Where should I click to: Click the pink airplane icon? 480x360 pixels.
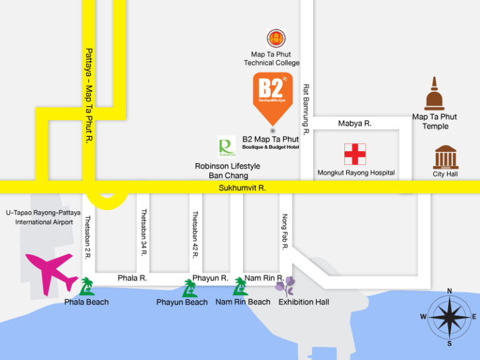[x=51, y=271]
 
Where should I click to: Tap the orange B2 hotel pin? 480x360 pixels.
[x=272, y=96]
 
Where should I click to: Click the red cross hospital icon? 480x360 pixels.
[x=355, y=154]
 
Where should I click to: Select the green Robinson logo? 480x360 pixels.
[x=226, y=147]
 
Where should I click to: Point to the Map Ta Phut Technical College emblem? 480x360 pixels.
[x=276, y=39]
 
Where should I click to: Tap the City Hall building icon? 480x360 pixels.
[x=446, y=157]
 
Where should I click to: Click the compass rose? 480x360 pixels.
[x=449, y=316]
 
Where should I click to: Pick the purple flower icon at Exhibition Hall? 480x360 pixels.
[x=286, y=287]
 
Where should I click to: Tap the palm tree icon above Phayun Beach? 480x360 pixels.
[x=189, y=287]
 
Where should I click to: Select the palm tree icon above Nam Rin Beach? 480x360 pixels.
[x=240, y=286]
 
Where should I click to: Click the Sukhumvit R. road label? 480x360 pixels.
[x=242, y=187]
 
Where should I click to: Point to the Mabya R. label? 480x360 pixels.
[x=354, y=124]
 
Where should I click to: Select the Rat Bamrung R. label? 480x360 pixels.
[x=306, y=110]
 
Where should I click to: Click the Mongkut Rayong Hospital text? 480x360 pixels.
[x=356, y=172]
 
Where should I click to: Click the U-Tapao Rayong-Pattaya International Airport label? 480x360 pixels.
[x=39, y=217]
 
